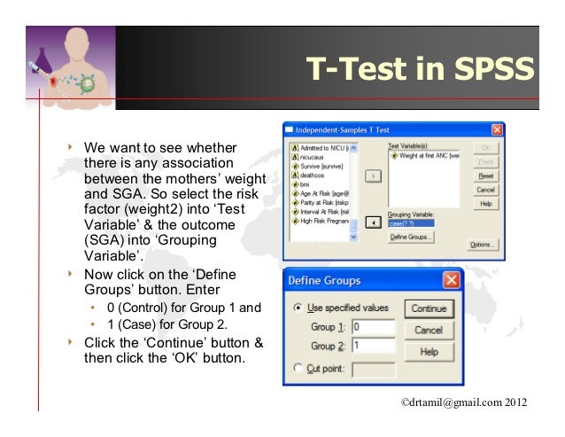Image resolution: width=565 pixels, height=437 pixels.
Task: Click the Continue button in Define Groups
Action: (430, 309)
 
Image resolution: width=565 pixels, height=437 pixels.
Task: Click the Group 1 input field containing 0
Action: (373, 327)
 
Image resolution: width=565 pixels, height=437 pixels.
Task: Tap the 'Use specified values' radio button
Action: (298, 308)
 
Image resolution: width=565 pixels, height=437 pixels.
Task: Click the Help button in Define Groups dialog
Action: (430, 351)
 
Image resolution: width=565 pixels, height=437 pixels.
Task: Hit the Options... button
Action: (481, 245)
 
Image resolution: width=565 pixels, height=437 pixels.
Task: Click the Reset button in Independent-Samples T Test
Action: (485, 176)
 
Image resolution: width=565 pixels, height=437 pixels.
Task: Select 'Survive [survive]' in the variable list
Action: (320, 165)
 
